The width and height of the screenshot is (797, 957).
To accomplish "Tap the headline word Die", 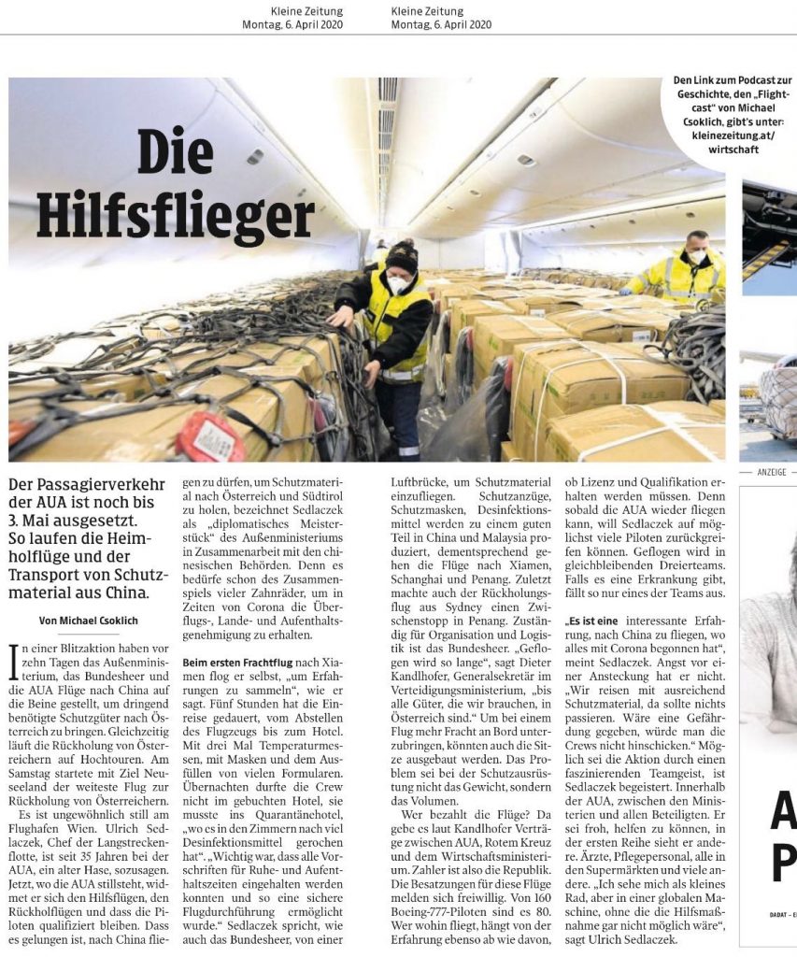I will [x=175, y=150].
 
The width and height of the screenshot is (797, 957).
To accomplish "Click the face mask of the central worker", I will [x=399, y=284].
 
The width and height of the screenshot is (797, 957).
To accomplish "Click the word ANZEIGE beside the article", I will [x=772, y=472].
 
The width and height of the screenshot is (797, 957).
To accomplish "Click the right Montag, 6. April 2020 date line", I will [x=441, y=23].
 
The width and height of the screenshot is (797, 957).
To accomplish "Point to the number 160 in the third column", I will [x=537, y=882].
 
